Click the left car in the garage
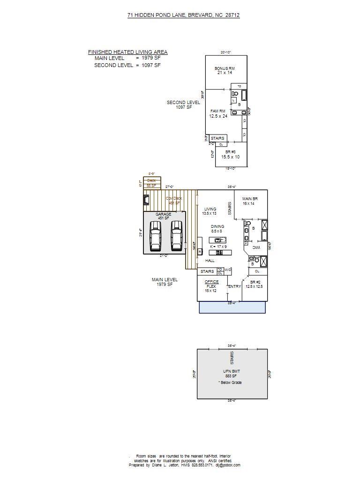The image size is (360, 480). (155, 236)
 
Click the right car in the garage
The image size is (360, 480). (176, 236)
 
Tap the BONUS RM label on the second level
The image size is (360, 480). (225, 69)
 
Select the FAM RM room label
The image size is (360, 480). (218, 112)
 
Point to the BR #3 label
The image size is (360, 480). (230, 152)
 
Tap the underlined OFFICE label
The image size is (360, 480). (212, 282)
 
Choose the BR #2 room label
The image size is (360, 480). (254, 282)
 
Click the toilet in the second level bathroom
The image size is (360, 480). (235, 94)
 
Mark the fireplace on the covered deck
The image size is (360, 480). (147, 201)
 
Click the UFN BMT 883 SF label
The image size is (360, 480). (230, 373)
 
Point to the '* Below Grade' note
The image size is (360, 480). (230, 382)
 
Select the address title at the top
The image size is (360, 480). (183, 15)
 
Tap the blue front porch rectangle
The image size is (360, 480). (232, 307)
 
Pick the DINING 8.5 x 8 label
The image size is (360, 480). (217, 229)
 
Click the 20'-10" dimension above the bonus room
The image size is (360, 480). (226, 52)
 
